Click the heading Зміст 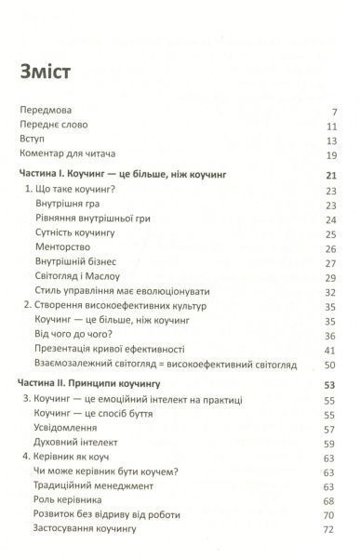(45, 71)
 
